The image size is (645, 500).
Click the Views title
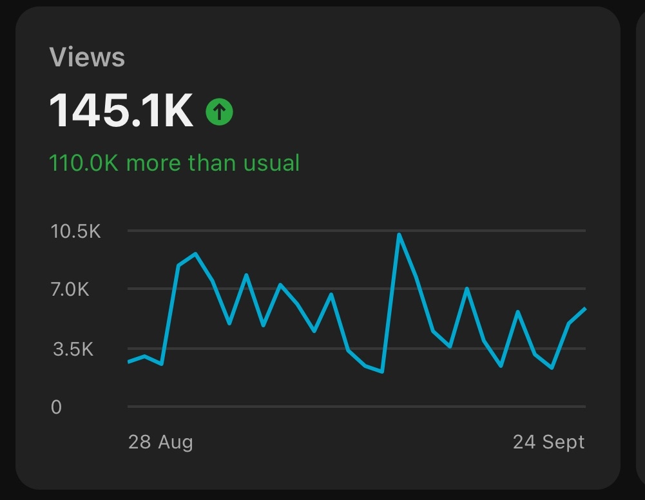(x=87, y=58)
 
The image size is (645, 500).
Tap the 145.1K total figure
(x=121, y=111)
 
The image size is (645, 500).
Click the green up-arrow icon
(x=219, y=113)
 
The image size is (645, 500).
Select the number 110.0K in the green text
(x=84, y=163)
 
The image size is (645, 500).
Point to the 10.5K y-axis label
(x=76, y=231)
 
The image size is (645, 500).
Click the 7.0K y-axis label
(x=70, y=289)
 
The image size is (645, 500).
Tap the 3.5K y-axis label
(x=73, y=350)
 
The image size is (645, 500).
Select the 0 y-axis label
(x=57, y=407)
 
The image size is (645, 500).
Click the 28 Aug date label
(x=160, y=442)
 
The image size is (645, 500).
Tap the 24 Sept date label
(x=548, y=442)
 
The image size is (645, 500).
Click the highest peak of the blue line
(x=399, y=235)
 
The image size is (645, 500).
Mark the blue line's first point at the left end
(x=128, y=361)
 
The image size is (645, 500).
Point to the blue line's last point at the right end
(x=585, y=309)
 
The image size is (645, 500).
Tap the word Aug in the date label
(x=175, y=443)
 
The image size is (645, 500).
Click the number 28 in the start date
(x=140, y=442)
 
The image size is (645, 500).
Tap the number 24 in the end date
(x=524, y=442)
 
